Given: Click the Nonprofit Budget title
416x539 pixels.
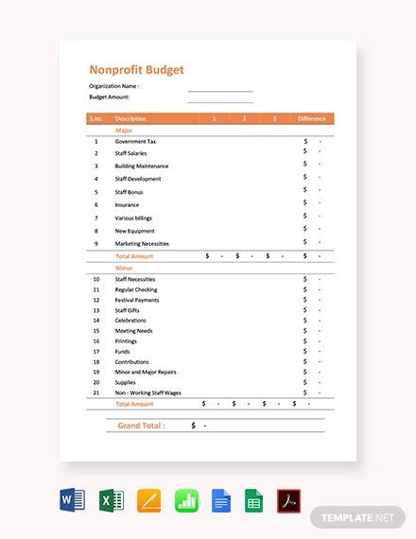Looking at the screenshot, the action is pyautogui.click(x=136, y=69).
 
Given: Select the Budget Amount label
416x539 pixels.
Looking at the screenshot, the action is pyautogui.click(x=109, y=96).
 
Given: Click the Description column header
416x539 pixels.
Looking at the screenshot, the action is pyautogui.click(x=130, y=118).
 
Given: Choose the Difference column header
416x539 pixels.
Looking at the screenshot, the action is pyautogui.click(x=312, y=118).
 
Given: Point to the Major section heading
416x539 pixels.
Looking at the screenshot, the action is pyautogui.click(x=124, y=130).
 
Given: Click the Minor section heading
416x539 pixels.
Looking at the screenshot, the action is pyautogui.click(x=124, y=268).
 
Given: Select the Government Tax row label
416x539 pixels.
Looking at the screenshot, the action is pyautogui.click(x=135, y=141).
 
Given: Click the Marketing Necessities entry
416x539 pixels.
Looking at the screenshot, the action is pyautogui.click(x=141, y=243).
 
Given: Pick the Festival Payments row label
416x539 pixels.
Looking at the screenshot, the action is pyautogui.click(x=137, y=300).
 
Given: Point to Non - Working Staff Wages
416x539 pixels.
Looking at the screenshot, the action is pyautogui.click(x=147, y=392).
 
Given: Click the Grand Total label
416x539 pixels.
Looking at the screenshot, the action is pyautogui.click(x=141, y=426).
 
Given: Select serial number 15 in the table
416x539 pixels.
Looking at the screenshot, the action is pyautogui.click(x=95, y=321).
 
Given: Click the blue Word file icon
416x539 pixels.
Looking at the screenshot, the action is pyautogui.click(x=73, y=500).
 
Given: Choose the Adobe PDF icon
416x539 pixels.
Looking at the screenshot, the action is pyautogui.click(x=288, y=500).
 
